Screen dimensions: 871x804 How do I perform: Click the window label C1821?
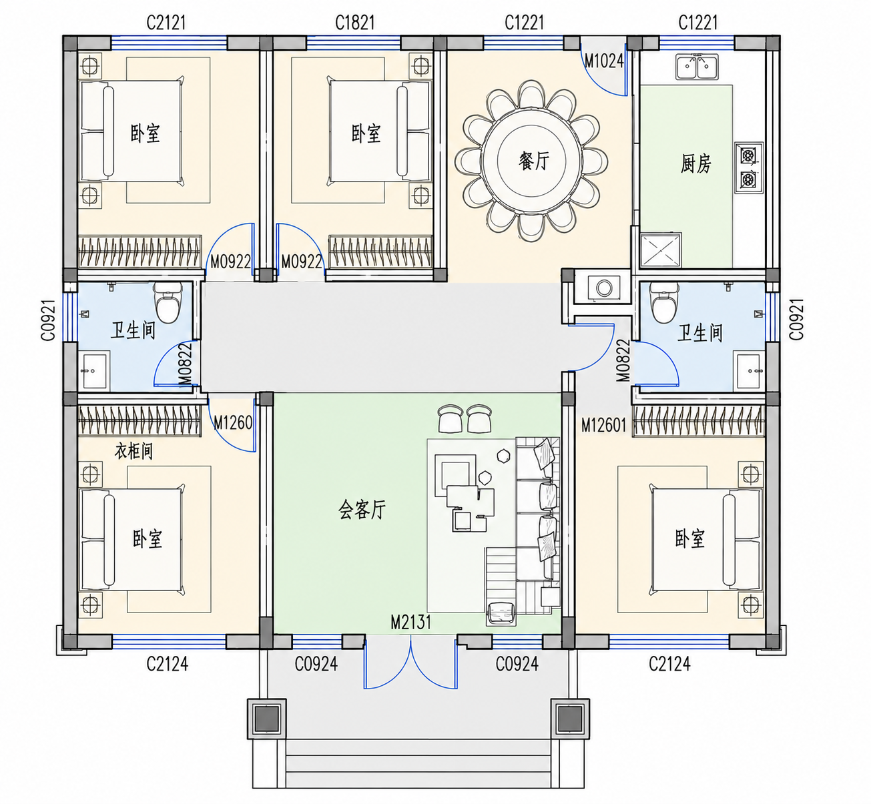click(x=355, y=23)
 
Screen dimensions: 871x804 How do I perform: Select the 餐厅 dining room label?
click(x=534, y=161)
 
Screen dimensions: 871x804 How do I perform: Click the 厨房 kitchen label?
click(x=696, y=163)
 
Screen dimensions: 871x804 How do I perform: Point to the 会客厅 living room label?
click(x=362, y=510)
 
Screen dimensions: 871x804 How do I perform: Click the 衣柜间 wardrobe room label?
click(x=133, y=450)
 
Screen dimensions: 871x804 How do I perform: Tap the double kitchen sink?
click(x=697, y=67)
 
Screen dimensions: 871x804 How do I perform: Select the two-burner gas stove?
click(x=749, y=167)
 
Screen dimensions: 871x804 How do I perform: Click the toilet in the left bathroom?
click(x=168, y=302)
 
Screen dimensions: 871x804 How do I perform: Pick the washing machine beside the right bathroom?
click(x=604, y=288)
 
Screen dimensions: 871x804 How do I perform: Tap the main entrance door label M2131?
click(x=410, y=622)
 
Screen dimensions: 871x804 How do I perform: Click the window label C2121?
click(x=166, y=23)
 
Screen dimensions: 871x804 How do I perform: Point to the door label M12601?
click(x=604, y=425)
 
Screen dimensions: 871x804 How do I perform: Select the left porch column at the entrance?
click(x=267, y=719)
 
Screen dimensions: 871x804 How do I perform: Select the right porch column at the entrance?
click(x=570, y=719)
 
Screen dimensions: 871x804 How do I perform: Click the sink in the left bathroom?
click(x=94, y=370)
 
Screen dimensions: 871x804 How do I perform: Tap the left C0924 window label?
click(x=316, y=664)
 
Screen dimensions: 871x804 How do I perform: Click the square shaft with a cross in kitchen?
click(x=661, y=250)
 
